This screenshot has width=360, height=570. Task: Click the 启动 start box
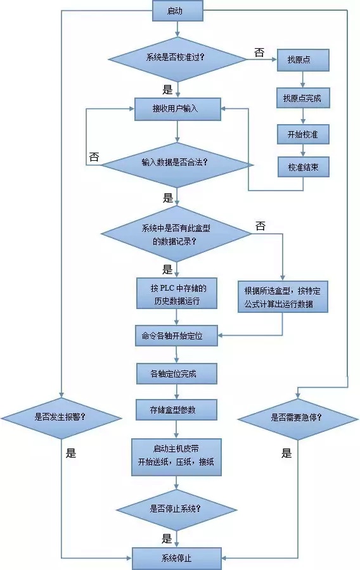177,11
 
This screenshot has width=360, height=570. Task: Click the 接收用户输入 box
177,109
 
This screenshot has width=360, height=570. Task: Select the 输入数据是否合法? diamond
177,163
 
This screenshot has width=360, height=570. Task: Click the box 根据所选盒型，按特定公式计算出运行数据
283,298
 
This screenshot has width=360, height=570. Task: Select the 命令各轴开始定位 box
177,336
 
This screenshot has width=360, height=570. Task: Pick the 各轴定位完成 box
177,374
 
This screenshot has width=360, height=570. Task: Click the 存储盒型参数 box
177,410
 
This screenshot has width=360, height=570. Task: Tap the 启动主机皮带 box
177,456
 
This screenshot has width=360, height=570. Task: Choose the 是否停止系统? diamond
177,508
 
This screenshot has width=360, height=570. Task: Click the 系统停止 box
177,558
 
